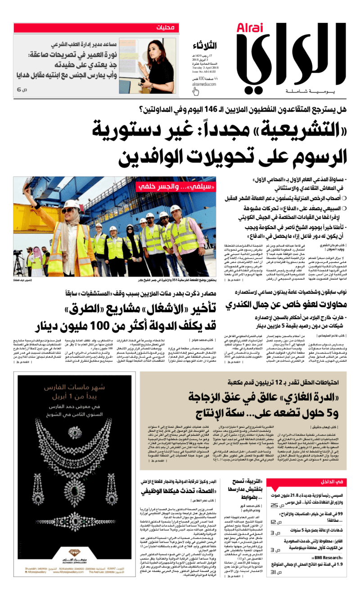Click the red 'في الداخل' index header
[x=333, y=481]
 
